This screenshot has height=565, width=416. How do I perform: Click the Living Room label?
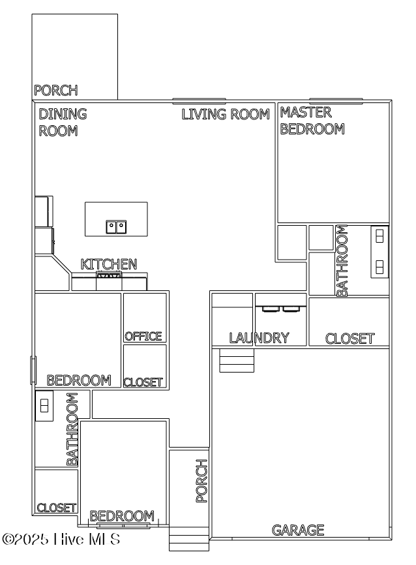(225, 115)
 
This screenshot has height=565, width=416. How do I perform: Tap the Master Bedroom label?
(312, 121)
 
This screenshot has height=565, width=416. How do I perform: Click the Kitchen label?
(109, 264)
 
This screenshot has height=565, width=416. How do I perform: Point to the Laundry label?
(259, 338)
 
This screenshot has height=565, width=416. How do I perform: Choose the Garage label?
(298, 530)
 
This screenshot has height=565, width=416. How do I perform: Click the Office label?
(143, 336)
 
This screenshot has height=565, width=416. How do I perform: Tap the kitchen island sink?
(116, 227)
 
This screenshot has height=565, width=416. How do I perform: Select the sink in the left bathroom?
(44, 405)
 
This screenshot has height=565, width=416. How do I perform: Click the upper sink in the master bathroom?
(380, 236)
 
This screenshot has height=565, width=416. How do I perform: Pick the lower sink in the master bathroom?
(380, 266)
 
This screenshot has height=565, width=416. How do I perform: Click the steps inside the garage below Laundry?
(236, 361)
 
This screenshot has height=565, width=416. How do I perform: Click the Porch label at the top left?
(56, 91)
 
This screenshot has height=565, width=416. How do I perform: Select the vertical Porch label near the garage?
(202, 481)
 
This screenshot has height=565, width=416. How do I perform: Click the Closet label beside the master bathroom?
(350, 339)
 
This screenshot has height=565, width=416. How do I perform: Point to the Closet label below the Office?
(143, 382)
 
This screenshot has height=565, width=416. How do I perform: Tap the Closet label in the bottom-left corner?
(57, 508)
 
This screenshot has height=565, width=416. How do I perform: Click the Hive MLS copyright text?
(62, 540)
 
